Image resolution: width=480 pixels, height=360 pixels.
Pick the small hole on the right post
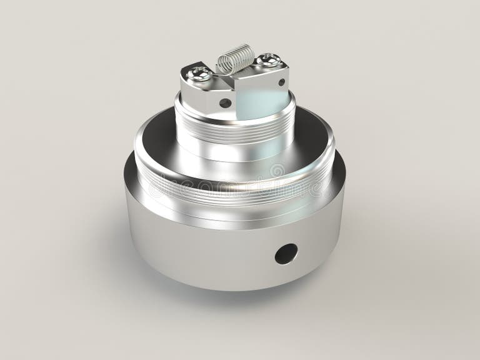click(282, 82)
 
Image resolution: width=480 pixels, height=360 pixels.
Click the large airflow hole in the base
click(286, 253)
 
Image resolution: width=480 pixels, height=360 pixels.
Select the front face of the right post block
click(262, 94)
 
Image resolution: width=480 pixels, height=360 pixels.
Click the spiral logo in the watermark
click(277, 170)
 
